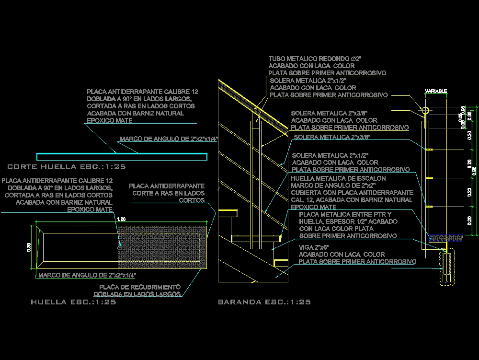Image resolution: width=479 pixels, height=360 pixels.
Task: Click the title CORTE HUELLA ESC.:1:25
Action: coord(67,167)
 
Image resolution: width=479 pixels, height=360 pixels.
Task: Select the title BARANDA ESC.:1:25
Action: coord(264,302)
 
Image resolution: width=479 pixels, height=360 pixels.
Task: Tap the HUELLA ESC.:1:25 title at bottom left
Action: coord(73,302)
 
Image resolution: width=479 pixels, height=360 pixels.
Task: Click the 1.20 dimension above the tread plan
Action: coord(122,219)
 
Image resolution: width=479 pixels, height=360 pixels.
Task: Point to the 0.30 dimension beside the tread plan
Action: coord(29,247)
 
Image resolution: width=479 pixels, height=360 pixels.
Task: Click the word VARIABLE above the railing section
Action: coord(436,91)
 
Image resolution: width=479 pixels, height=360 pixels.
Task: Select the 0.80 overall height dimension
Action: coord(475,171)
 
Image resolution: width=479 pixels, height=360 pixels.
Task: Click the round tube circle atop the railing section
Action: coord(425,111)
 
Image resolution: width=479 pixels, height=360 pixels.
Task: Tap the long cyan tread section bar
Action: coord(122,157)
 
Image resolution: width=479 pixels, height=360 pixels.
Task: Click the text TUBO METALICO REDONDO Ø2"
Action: coord(315,58)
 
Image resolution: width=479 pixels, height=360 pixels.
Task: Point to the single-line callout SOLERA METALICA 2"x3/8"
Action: coord(332,138)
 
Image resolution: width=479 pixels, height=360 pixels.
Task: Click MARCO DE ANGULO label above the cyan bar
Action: coord(169,139)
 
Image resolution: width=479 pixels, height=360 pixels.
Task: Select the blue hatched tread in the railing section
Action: coord(445,236)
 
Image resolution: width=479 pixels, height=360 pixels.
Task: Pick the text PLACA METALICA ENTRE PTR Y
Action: coord(345,214)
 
